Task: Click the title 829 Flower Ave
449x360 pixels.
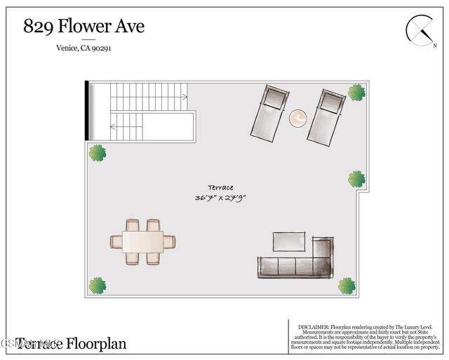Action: coord(84,27)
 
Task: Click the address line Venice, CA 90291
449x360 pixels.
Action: coord(83,48)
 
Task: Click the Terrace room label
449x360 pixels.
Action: coord(220,187)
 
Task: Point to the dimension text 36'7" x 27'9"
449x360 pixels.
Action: coord(220,198)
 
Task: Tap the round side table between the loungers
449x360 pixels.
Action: coord(299,118)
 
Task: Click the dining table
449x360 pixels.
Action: coord(142,241)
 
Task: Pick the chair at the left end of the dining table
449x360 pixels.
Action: coord(116,242)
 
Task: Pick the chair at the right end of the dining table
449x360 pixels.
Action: coord(170,242)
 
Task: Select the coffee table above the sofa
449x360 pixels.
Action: coord(290,242)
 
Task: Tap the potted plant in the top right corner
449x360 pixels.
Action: coord(356,92)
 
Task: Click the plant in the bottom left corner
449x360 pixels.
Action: coord(97,286)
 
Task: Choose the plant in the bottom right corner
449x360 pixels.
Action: coord(347,286)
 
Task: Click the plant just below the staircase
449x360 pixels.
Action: coord(97,152)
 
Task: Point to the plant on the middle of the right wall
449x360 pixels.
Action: coord(356,179)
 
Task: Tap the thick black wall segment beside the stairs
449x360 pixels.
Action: coord(86,111)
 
